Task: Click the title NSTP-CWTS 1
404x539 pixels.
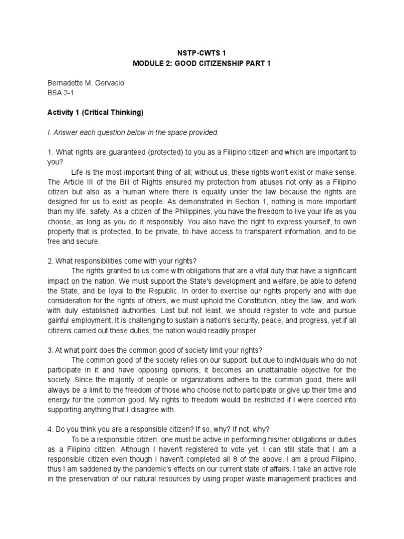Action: [202, 54]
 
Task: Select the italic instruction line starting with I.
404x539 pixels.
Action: [132, 132]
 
